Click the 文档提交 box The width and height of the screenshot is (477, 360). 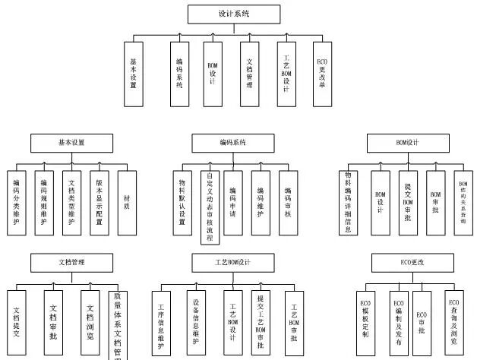[x=17, y=323]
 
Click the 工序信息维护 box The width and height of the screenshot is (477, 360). [x=162, y=323]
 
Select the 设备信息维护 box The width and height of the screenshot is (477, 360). [x=196, y=323]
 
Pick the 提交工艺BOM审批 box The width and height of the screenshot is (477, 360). [x=261, y=323]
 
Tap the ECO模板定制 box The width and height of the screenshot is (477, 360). [x=365, y=323]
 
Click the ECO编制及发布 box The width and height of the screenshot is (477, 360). [x=398, y=323]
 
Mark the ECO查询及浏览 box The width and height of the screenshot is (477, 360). [x=453, y=323]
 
